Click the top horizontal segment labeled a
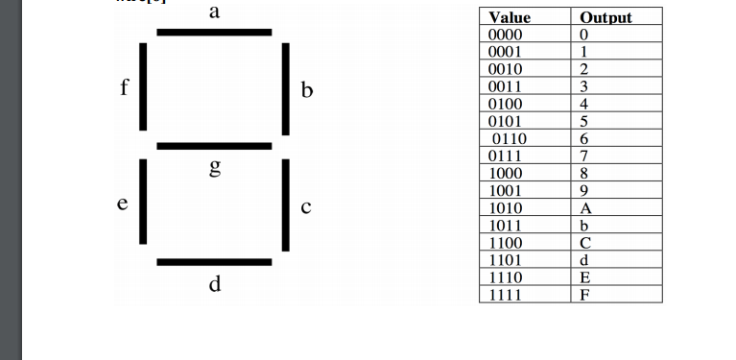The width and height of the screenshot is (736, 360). [x=214, y=33]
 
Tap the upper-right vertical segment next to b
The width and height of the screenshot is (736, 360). [x=285, y=89]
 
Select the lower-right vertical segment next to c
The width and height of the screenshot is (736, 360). [x=285, y=204]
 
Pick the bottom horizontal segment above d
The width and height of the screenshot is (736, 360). [x=214, y=261]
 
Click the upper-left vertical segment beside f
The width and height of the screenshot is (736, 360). [x=143, y=85]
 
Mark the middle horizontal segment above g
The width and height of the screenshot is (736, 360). [x=214, y=146]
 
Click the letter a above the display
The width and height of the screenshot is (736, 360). [x=214, y=12]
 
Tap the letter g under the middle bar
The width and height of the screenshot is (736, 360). [x=215, y=169]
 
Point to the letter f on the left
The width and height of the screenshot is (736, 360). [x=124, y=87]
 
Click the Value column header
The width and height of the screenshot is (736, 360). [x=510, y=17]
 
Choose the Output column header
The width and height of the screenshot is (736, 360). [x=606, y=17]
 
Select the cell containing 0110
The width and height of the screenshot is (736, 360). [x=510, y=138]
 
